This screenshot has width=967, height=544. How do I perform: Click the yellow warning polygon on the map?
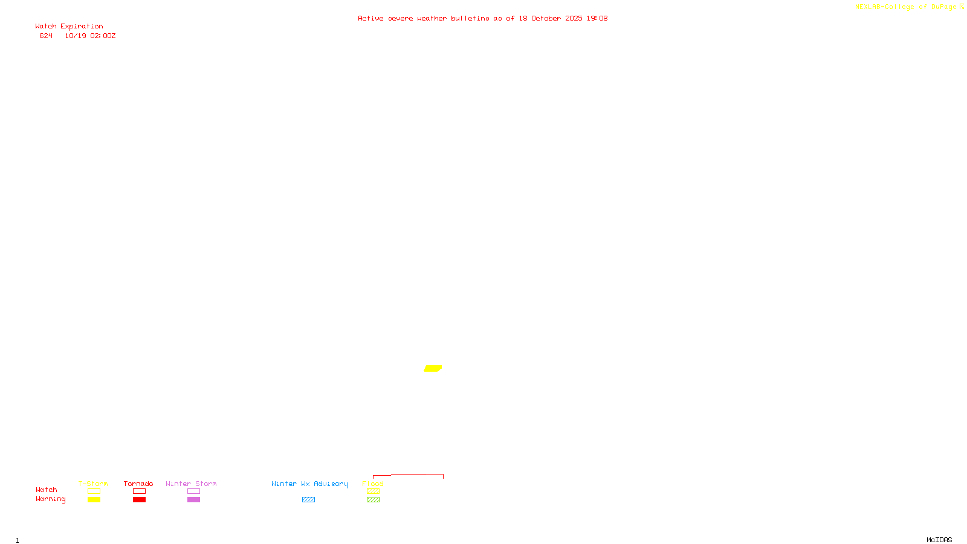(x=433, y=368)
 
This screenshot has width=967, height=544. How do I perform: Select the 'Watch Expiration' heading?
(x=69, y=27)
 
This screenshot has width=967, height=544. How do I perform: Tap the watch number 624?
(x=46, y=36)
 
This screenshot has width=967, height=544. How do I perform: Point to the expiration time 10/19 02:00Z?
(x=90, y=36)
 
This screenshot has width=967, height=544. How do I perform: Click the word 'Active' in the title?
(x=370, y=19)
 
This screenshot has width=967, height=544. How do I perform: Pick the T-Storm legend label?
(x=93, y=484)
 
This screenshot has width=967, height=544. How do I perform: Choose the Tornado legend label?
(x=138, y=484)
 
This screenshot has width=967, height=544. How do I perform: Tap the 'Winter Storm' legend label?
(x=191, y=484)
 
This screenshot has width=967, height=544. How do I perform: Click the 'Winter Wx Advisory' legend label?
(x=309, y=484)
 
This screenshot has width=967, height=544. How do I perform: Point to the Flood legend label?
(x=373, y=484)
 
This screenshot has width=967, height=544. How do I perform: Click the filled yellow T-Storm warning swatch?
(x=94, y=500)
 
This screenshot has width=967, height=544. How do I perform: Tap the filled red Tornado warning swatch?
(x=139, y=500)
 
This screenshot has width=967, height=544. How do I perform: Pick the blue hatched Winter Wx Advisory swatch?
(x=308, y=500)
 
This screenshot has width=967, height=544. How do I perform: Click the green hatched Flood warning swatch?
(x=373, y=500)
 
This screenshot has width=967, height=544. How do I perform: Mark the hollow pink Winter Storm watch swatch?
(x=193, y=491)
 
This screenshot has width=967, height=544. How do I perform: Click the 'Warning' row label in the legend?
(x=50, y=499)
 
